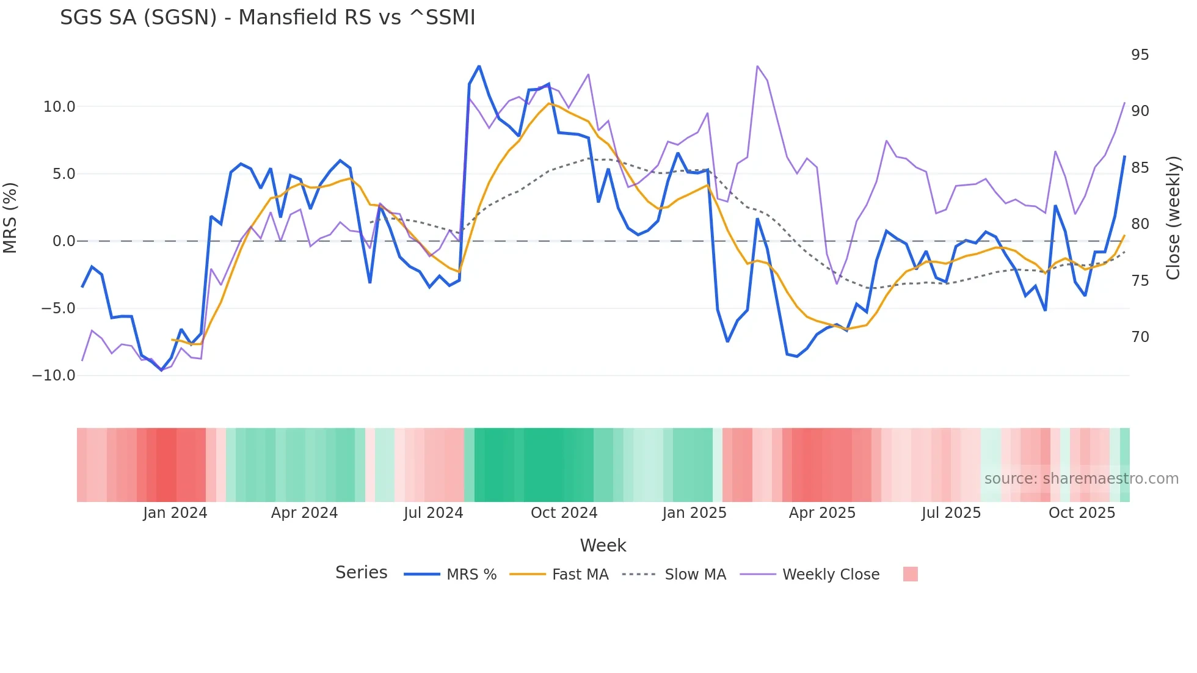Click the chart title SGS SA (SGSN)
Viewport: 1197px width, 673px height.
click(267, 18)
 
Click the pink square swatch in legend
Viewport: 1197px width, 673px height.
click(910, 574)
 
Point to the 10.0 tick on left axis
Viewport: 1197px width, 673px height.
click(59, 107)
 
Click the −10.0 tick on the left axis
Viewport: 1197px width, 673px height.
click(54, 376)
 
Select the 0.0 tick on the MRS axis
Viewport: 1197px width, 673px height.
click(64, 241)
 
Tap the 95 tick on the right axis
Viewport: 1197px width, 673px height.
click(1140, 55)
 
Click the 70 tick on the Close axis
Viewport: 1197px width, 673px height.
click(1140, 337)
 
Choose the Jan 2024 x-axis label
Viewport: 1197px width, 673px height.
click(175, 513)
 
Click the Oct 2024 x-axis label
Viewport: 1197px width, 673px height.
click(564, 513)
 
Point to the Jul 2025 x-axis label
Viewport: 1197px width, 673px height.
click(951, 513)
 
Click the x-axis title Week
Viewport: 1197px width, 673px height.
click(603, 545)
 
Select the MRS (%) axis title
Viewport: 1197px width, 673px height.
click(10, 217)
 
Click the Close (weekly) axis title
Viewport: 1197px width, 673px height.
click(1173, 217)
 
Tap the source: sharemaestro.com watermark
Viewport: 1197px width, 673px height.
click(1081, 479)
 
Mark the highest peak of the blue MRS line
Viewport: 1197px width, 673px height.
click(479, 66)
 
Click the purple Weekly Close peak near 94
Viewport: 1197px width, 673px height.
click(757, 66)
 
